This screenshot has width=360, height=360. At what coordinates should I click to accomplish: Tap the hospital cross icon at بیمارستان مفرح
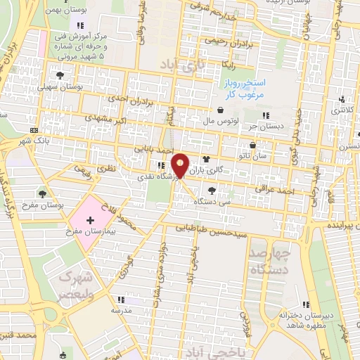pos(90,221)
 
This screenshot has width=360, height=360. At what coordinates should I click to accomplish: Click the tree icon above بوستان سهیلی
pos(60,75)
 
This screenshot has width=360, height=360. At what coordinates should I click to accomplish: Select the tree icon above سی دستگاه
pos(212,191)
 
